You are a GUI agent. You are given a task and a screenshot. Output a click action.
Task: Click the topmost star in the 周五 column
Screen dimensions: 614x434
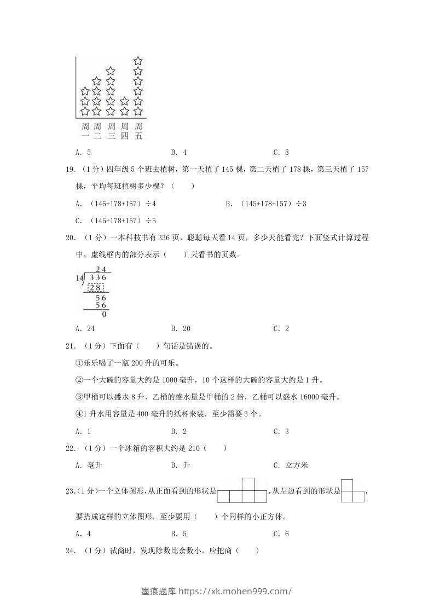pos(138,61)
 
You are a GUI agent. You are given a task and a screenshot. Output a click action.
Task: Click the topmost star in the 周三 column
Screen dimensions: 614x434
pos(111,71)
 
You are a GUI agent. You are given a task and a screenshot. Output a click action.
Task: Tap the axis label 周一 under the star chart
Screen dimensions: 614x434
pos(85,131)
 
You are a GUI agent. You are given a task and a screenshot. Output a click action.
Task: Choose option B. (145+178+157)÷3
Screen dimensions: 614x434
pos(265,204)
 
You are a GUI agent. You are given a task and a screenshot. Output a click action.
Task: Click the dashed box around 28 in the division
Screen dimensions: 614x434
pos(96,288)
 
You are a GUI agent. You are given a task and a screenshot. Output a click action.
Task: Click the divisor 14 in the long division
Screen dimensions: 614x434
pos(79,279)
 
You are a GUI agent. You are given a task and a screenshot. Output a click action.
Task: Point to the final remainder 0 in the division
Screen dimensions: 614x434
pos(104,315)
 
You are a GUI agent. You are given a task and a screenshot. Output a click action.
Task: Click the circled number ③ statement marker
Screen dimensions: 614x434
pos(78,397)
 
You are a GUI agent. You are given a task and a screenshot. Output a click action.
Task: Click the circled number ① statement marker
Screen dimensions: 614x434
pos(78,363)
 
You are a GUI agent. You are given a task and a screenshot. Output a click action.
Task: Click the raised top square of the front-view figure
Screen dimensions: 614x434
pos(248,484)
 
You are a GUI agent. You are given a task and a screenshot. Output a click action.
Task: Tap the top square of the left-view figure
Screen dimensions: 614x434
pos(346,484)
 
